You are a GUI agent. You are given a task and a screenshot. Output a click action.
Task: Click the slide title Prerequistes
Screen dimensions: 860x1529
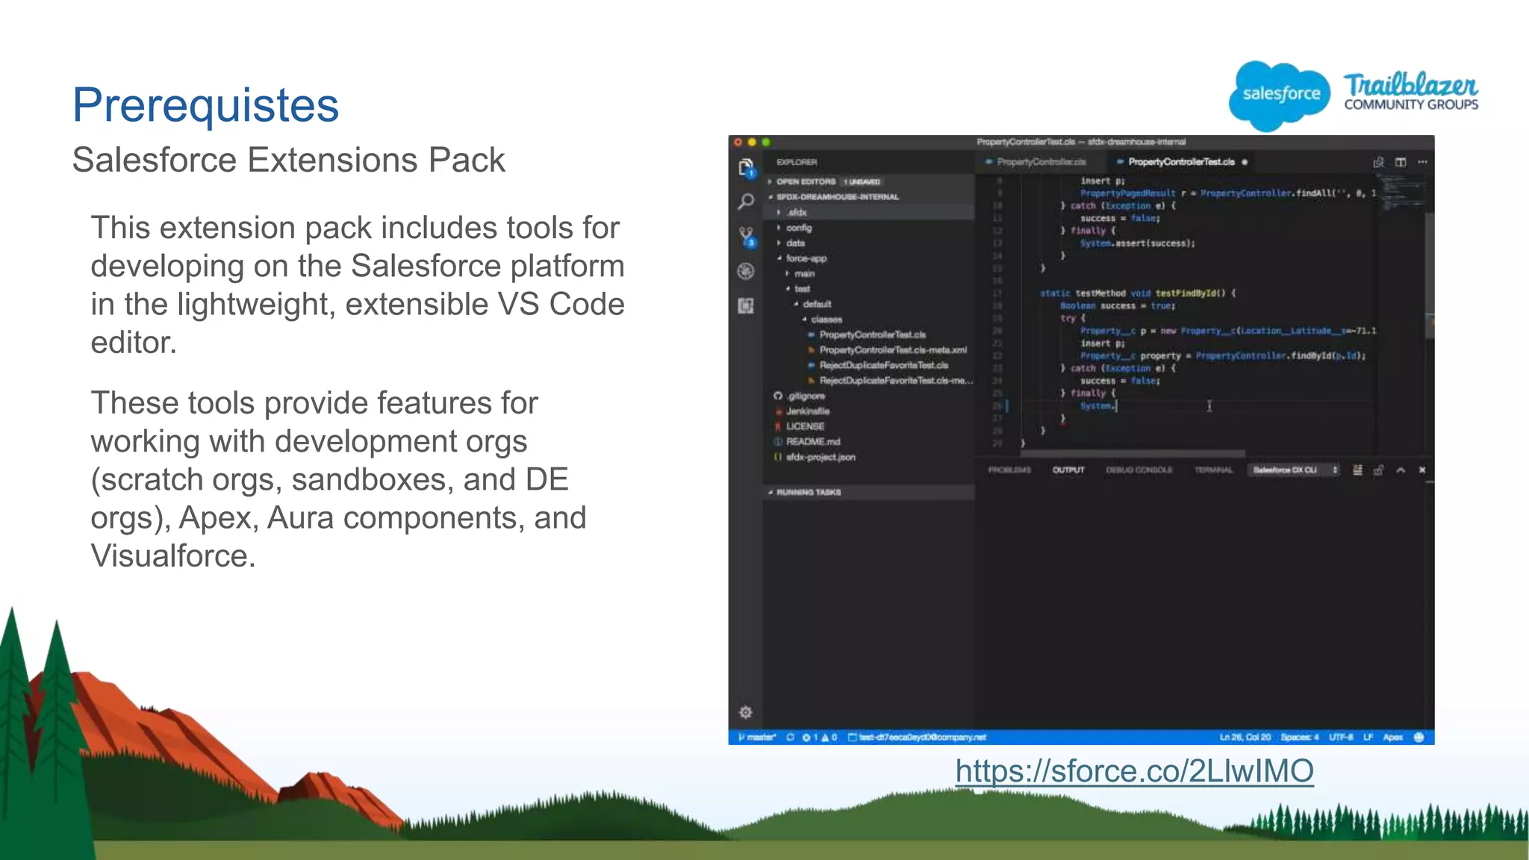[x=205, y=105]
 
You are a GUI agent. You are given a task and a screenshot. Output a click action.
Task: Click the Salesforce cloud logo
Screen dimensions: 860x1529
[x=1280, y=95]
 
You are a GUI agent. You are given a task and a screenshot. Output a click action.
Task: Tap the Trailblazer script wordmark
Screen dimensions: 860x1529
[x=1410, y=84]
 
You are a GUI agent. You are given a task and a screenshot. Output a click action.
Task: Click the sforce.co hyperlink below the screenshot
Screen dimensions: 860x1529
[x=1134, y=771]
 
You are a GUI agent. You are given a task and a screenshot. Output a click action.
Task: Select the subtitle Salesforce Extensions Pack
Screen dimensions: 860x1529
[x=288, y=160]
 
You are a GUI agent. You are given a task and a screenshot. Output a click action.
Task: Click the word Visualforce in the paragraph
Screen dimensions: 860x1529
[x=172, y=556]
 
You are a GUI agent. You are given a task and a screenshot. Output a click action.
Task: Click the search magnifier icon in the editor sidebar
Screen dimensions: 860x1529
[x=746, y=202]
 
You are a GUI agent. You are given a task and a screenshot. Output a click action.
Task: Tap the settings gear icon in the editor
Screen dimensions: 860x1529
[x=745, y=712]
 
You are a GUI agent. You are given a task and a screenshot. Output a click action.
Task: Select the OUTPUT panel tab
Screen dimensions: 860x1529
[x=1068, y=470]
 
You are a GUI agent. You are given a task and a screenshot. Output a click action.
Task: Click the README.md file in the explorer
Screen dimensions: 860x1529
[x=812, y=441]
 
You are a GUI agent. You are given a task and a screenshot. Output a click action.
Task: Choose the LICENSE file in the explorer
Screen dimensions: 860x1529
[x=805, y=426]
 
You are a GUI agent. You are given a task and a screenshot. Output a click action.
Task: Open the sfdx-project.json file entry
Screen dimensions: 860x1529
[x=820, y=457]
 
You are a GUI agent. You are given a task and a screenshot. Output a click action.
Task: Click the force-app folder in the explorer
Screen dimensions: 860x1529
[x=806, y=258]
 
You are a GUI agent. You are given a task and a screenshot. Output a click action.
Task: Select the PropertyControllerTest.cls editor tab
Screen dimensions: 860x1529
[x=1181, y=162]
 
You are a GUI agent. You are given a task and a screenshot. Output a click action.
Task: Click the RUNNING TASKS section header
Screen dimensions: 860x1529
[x=809, y=492]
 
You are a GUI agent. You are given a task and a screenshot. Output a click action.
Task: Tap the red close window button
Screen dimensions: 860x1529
[x=738, y=142]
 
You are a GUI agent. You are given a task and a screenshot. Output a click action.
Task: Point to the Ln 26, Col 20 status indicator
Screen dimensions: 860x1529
[x=1245, y=737]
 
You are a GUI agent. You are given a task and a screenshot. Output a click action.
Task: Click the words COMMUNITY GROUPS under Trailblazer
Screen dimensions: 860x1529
[x=1411, y=105]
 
